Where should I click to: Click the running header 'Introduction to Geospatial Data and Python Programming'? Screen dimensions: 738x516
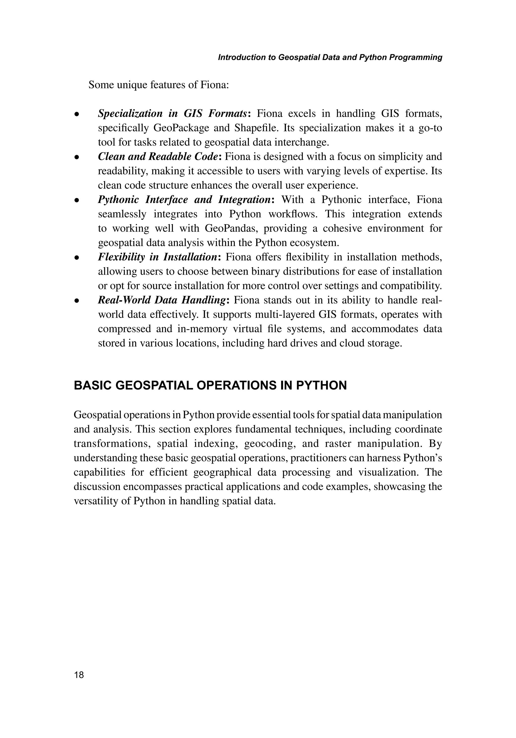tap(330, 57)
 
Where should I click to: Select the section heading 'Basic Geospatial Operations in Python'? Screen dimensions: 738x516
tap(210, 385)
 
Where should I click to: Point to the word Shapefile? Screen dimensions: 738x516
tap(257, 128)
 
